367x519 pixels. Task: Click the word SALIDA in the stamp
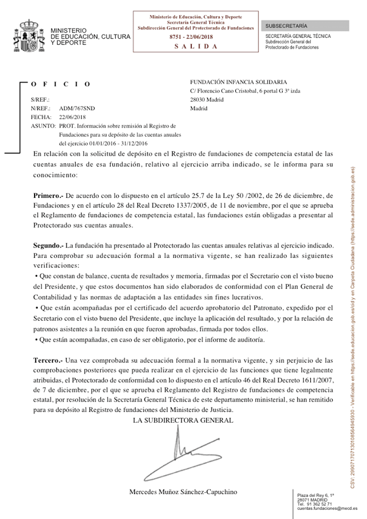[196, 46]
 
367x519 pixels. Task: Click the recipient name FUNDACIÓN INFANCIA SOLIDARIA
[242, 82]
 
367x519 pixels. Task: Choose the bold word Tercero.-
[48, 360]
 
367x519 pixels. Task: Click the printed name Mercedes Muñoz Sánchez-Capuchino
[183, 492]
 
